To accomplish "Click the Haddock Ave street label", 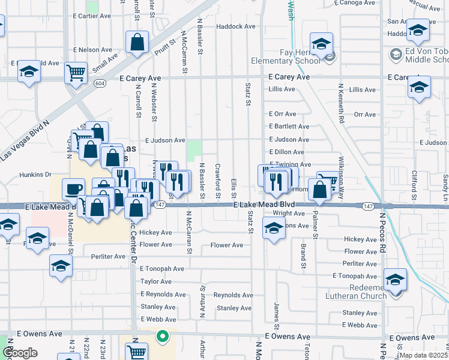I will point(236,26).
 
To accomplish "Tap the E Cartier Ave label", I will point(92,16).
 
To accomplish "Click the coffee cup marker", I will point(73,188).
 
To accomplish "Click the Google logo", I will point(20,353).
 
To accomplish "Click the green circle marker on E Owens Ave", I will point(161,337).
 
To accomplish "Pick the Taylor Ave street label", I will point(157,281).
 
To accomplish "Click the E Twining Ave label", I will point(291,164).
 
